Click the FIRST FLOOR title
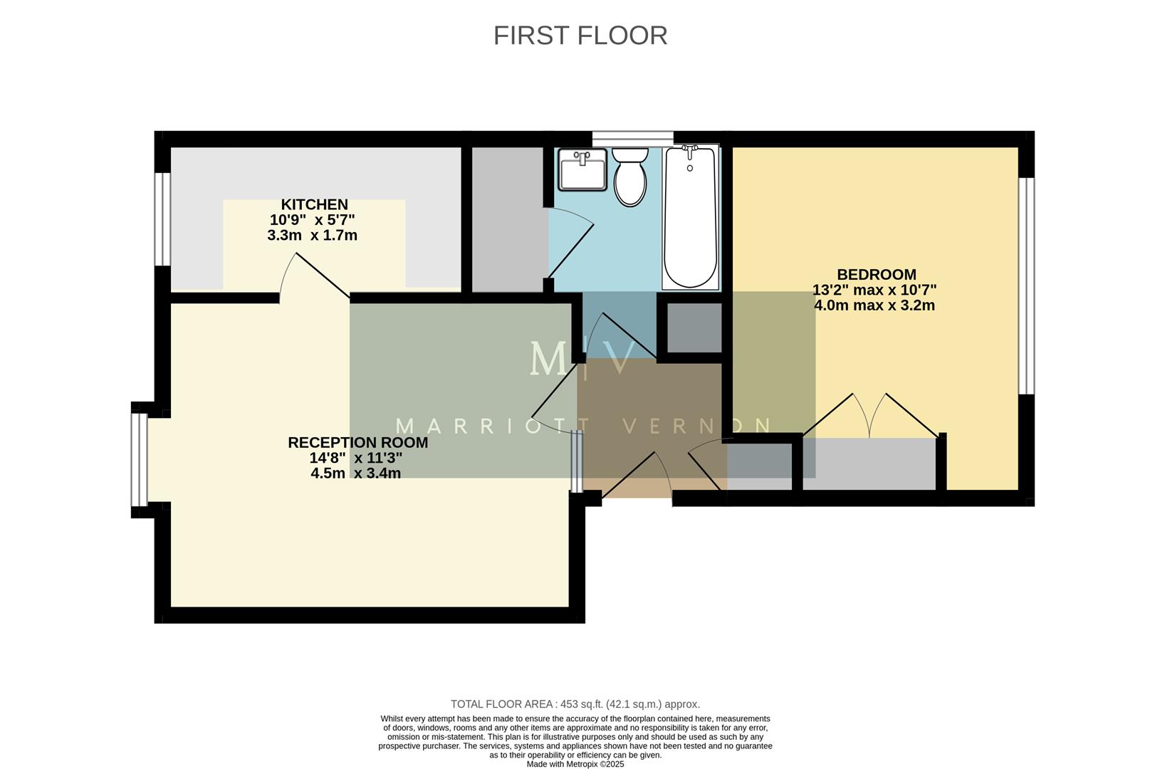point(580,36)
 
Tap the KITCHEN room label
point(314,204)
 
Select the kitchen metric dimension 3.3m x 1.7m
point(312,235)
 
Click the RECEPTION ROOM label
point(357,442)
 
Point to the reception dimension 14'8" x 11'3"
point(355,458)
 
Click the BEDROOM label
point(876,274)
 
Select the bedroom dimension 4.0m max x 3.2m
point(874,305)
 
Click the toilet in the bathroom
point(630,176)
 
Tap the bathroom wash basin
point(582,169)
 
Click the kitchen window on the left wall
point(163,219)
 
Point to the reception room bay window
point(139,459)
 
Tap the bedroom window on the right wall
point(1025,285)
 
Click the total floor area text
point(575,703)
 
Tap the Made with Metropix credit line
point(575,764)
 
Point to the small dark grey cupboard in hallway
point(694,328)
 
